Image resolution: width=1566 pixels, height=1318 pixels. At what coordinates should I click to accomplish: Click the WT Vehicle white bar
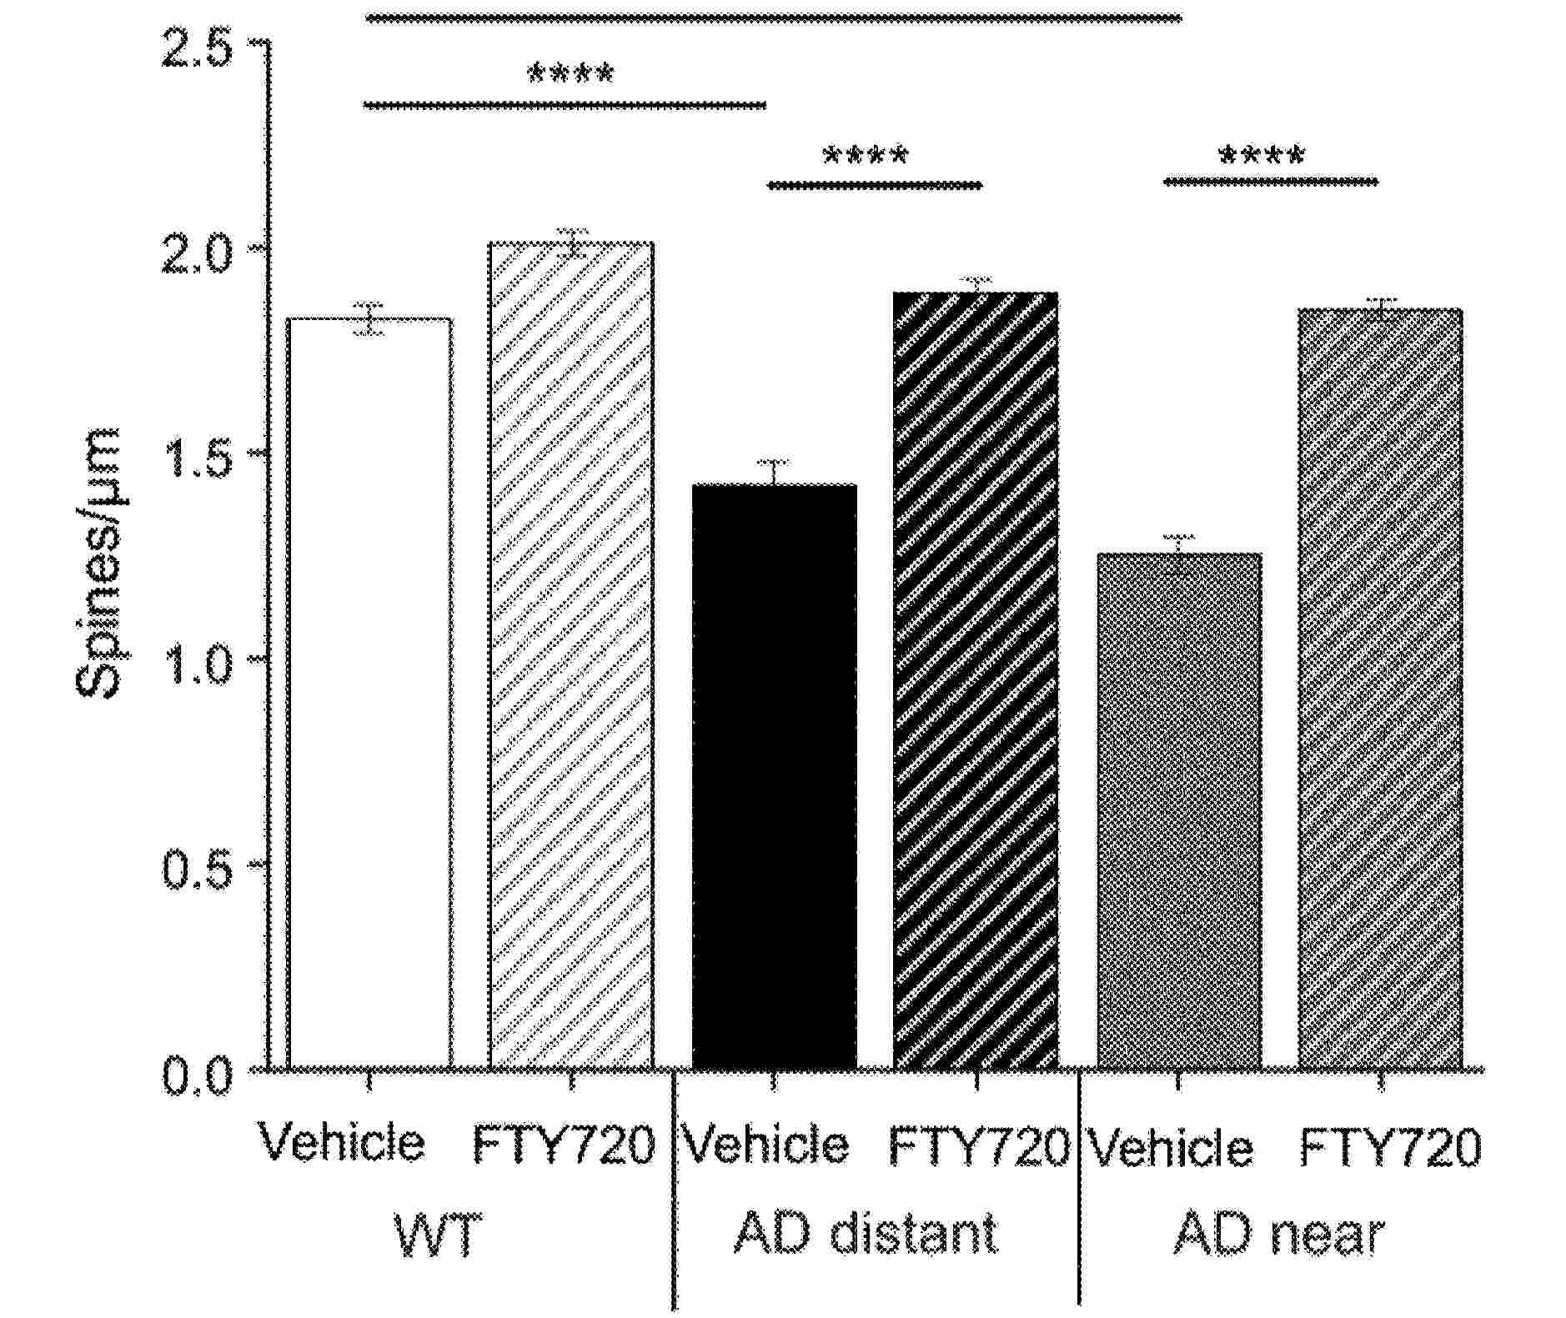[x=369, y=692]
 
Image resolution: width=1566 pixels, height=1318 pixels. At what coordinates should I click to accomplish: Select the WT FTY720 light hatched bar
[x=571, y=655]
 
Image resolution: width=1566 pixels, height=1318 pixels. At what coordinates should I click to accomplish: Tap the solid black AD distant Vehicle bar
[x=775, y=775]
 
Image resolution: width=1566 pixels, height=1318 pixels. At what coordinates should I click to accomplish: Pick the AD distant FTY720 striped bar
[x=976, y=679]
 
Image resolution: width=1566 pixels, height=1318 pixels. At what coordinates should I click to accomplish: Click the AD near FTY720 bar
[x=1380, y=688]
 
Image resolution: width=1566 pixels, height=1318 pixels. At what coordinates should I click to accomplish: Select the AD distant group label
[x=866, y=1233]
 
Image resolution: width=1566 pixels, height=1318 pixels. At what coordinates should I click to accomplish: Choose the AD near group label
[x=1278, y=1233]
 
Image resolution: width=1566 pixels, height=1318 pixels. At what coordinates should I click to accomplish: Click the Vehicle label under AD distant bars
[x=765, y=1145]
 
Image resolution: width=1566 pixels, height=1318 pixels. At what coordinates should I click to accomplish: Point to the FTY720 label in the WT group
[x=564, y=1145]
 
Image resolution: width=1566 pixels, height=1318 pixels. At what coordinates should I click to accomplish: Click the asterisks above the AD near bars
[x=1261, y=155]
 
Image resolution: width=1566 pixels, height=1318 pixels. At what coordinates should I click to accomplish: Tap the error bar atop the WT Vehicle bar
[x=369, y=318]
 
